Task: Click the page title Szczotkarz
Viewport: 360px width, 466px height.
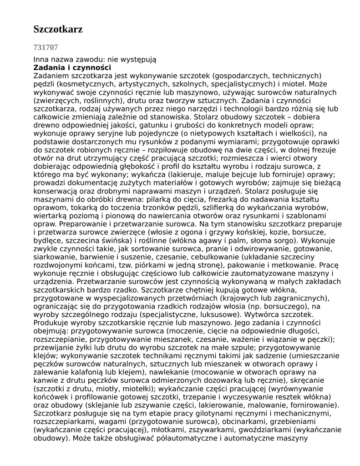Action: [x=58, y=30]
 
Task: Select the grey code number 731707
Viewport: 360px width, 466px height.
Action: [x=46, y=47]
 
